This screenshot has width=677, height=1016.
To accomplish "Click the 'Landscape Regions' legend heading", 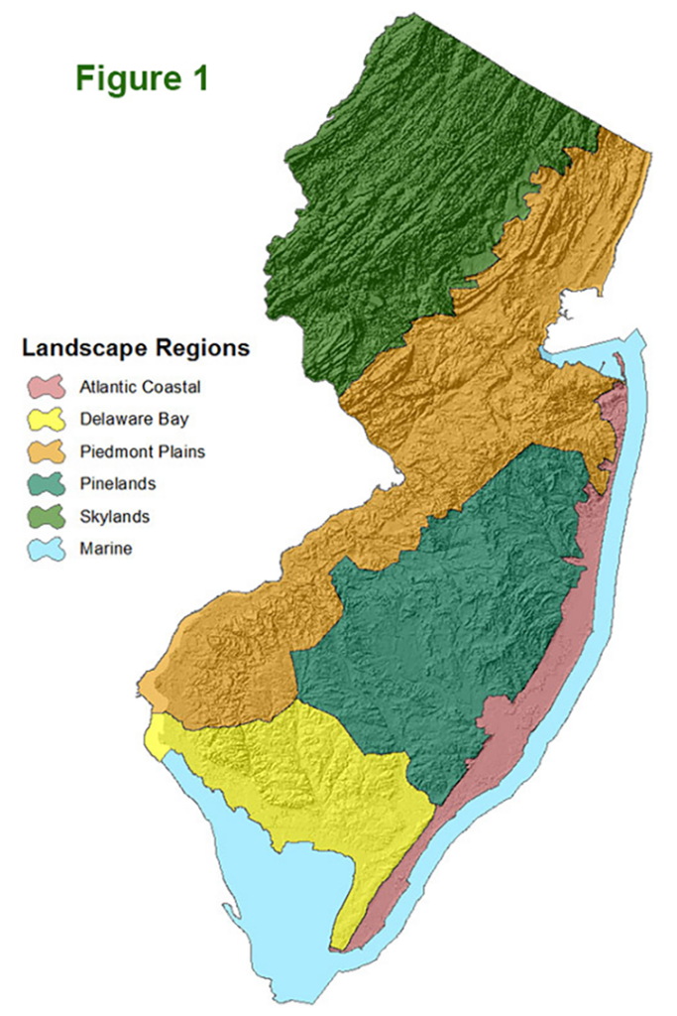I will [x=136, y=348].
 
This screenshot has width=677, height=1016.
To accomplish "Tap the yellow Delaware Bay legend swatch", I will [x=46, y=419].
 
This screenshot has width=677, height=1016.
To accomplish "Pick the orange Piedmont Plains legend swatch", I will [x=46, y=451].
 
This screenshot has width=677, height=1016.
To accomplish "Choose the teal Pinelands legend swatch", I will [x=46, y=483].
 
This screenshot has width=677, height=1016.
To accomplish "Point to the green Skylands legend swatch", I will [x=46, y=516].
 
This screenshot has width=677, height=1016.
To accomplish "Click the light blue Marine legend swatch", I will [x=46, y=548].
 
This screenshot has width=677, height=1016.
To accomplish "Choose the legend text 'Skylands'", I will [x=109, y=517].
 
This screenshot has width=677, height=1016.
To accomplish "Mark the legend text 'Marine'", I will [x=104, y=549].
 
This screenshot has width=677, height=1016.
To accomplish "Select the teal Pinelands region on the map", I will [x=446, y=615].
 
